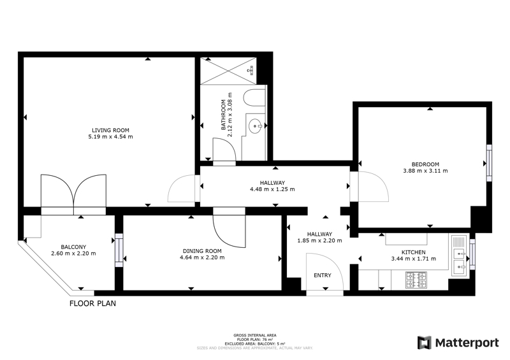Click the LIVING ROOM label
110,130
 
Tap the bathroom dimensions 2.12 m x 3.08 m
230,115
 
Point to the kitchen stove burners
416,280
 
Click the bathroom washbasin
255,126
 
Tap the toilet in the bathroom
254,97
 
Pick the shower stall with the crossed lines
228,71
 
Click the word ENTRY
323,275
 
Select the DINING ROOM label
202,251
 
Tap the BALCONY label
73,247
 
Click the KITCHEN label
413,252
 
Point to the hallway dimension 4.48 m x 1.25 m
272,189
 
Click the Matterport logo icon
425,343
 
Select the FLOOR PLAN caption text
92,303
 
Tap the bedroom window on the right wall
489,163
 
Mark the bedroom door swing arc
377,183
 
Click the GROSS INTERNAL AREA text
255,335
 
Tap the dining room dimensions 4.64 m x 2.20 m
202,257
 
